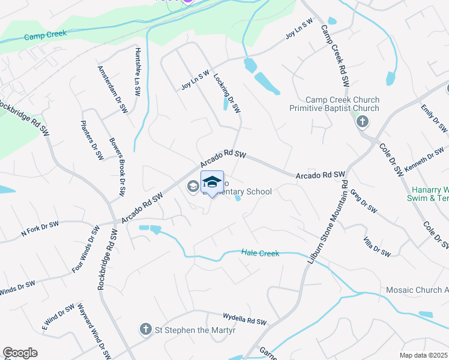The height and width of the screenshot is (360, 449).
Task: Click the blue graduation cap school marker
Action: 212,182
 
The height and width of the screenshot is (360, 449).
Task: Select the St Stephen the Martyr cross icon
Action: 145,329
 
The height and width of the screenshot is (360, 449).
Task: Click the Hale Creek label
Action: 261,253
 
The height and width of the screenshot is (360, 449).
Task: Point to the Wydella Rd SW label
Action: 244,322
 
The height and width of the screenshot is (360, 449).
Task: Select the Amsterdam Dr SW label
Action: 113,89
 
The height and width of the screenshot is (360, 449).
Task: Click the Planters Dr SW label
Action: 92,140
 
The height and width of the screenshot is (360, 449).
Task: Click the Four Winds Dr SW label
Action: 85,250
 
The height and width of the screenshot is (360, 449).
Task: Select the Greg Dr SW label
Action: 363,202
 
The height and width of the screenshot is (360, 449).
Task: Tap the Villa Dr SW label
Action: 377,247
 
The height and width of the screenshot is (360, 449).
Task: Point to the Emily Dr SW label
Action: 434,118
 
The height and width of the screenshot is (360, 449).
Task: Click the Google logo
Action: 20,353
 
